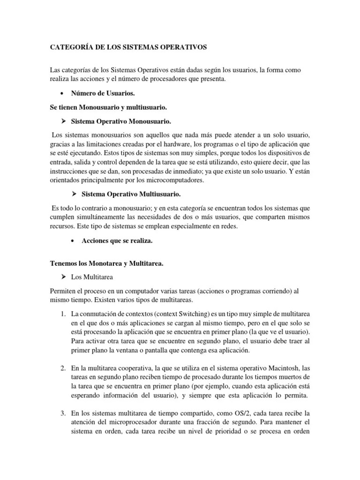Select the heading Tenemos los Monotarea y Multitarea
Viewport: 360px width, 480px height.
(107, 264)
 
